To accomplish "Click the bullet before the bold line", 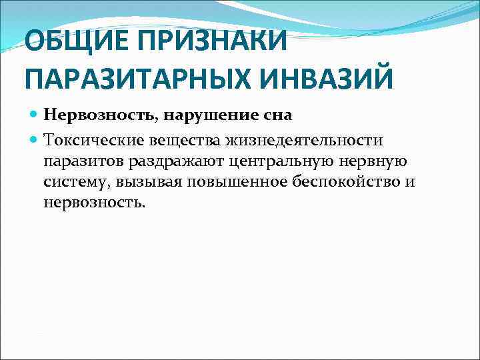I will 33,115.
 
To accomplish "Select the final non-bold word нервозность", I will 93,201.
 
